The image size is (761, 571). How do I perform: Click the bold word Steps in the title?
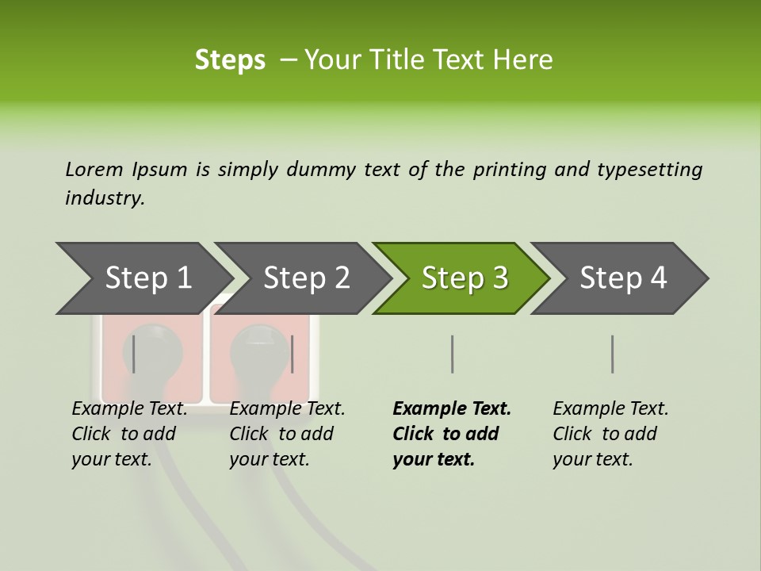[230, 59]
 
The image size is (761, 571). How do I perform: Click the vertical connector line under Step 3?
[452, 354]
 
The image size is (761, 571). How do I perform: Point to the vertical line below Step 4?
[612, 354]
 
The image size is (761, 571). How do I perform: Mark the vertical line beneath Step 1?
[134, 354]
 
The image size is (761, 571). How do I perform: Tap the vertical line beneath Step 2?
[293, 354]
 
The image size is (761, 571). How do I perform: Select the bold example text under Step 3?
[451, 434]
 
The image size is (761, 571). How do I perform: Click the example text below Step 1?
[129, 434]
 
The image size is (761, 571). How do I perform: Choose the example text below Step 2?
[287, 434]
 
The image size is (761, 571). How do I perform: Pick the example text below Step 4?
[610, 434]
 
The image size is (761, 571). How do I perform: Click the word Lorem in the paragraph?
[94, 169]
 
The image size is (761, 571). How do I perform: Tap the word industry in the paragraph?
[105, 198]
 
